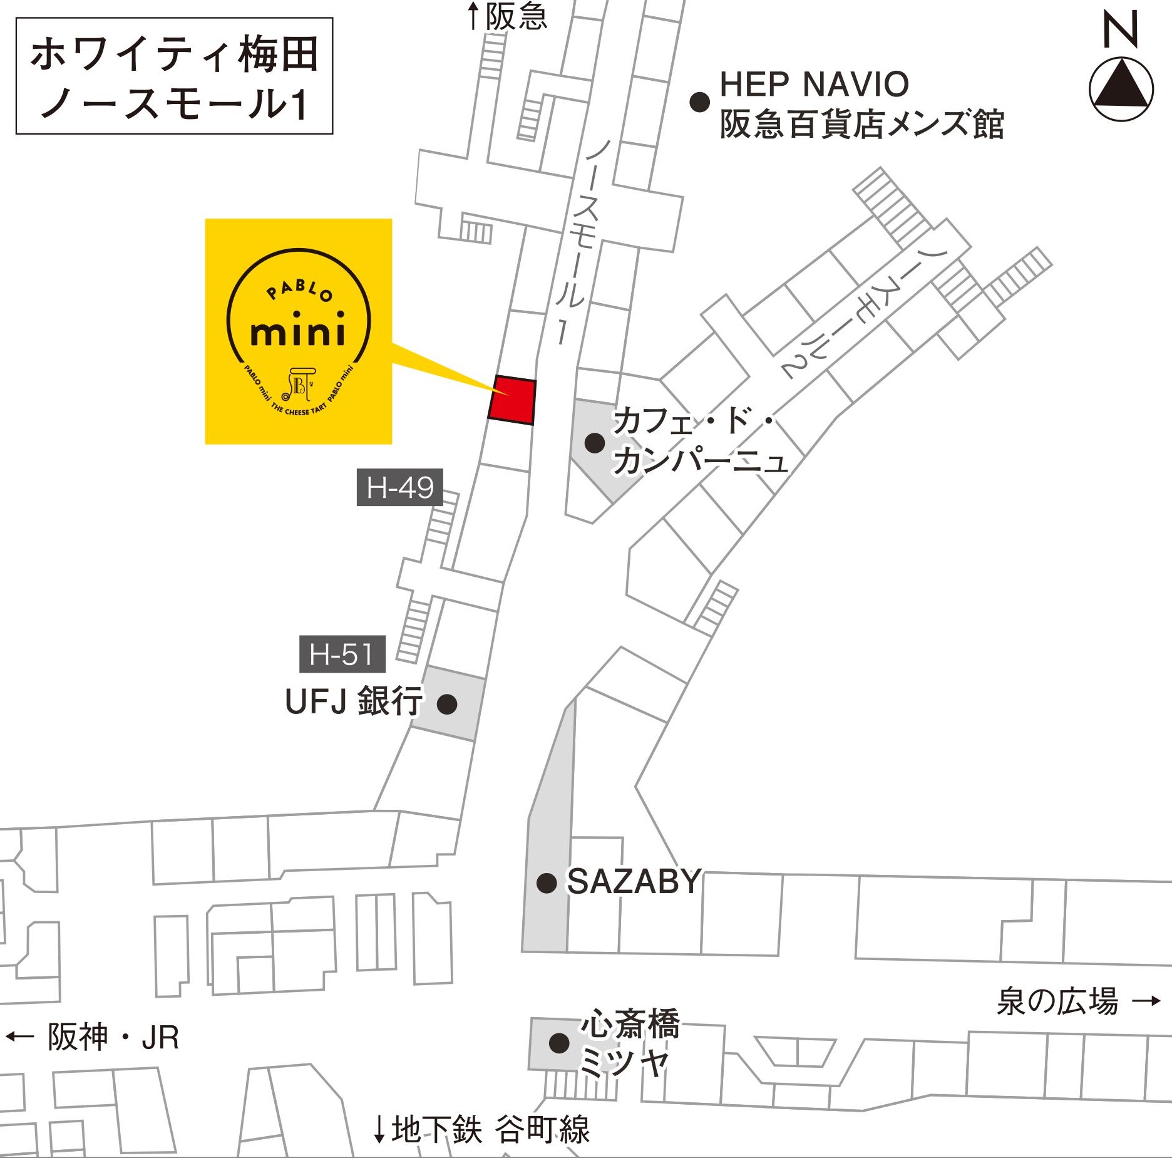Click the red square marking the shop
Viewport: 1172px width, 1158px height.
512,400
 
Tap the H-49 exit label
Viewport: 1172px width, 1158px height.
400,487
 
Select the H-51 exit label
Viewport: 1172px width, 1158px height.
342,654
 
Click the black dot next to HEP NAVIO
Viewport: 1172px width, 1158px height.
699,101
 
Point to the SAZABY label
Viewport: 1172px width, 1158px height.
634,882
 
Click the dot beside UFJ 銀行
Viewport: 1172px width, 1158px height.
447,704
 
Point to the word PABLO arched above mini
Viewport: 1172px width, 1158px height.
300,290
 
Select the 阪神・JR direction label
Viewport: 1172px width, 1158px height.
113,1037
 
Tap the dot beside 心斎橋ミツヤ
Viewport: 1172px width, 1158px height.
559,1043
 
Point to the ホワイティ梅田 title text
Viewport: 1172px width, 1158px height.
174,54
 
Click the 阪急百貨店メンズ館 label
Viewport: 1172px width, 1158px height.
861,124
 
